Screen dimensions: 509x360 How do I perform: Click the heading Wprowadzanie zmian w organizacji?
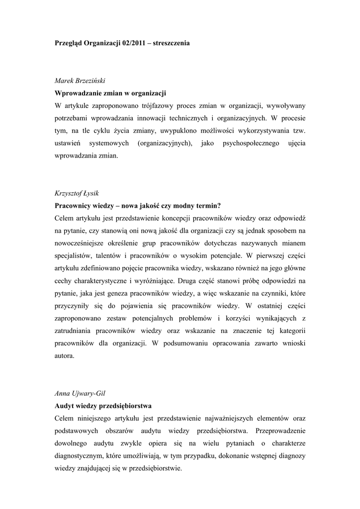click(110, 93)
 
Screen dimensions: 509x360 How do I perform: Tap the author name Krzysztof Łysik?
click(79, 193)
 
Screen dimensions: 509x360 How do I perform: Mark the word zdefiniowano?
click(105, 269)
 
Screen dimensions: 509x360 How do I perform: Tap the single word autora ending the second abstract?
click(64, 356)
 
